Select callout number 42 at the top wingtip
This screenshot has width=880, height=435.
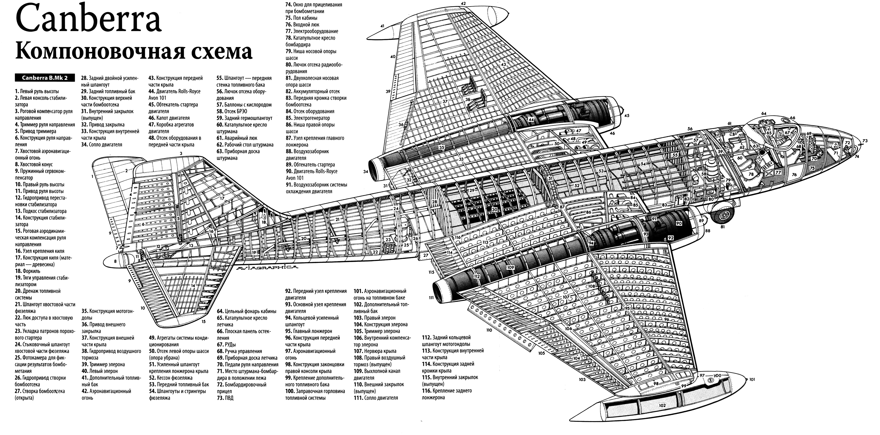point(463,3)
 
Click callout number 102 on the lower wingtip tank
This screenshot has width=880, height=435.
point(662,405)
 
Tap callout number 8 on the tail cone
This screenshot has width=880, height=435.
point(115,261)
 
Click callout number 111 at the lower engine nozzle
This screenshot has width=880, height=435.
point(431,297)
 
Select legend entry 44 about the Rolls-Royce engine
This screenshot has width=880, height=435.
point(174,95)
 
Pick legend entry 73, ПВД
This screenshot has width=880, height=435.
point(225,398)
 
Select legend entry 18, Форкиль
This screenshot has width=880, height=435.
point(27,271)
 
